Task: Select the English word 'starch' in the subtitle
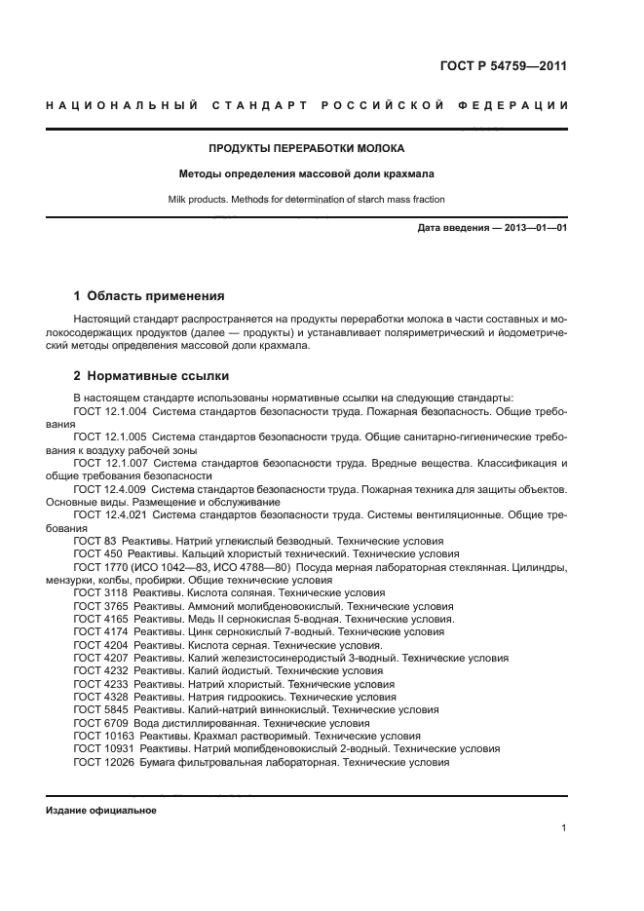[x=362, y=199]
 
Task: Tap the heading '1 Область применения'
[x=150, y=295]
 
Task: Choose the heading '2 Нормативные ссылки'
[x=152, y=375]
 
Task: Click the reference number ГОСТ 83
[x=95, y=539]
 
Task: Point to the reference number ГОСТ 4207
[x=99, y=658]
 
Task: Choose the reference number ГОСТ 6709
[x=99, y=724]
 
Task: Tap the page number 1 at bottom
[x=564, y=828]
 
